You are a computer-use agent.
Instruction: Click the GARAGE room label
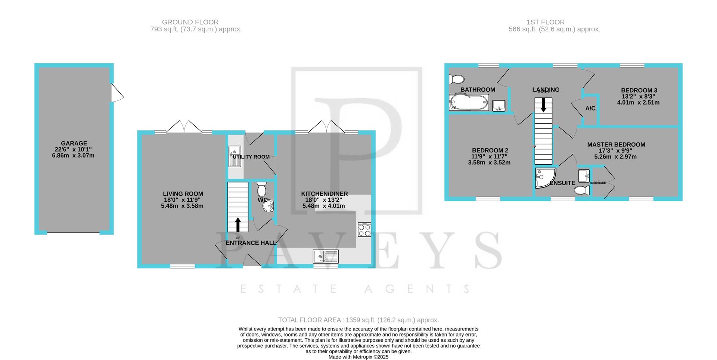[74, 143]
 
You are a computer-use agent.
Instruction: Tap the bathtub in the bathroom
[469, 102]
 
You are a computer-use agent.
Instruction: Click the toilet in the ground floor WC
[262, 189]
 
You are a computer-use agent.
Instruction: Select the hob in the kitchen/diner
[364, 229]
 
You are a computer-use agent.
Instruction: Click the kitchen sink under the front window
[326, 257]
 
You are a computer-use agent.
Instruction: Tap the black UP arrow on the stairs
[238, 225]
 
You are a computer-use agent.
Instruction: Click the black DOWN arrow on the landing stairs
[543, 105]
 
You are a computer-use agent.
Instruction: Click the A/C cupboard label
[590, 108]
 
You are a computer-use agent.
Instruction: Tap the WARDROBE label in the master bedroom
[597, 183]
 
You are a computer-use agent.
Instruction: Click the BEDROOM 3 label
[639, 90]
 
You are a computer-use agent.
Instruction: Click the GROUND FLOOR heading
[190, 22]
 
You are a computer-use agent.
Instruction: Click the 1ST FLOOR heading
[554, 22]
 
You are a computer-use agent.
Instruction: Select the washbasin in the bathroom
[499, 106]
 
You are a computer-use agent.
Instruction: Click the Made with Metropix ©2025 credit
[358, 357]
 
